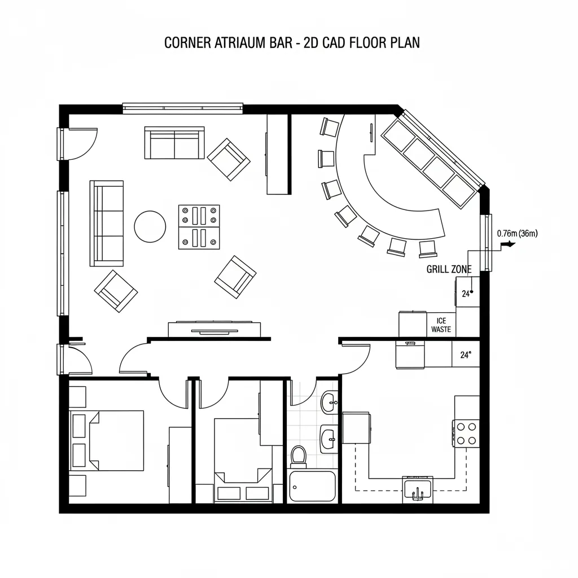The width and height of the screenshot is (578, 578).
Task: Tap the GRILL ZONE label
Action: [449, 269]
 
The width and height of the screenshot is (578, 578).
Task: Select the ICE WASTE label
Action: [441, 325]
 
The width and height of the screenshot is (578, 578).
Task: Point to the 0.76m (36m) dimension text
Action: [517, 233]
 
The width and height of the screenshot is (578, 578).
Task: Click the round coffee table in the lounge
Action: [150, 226]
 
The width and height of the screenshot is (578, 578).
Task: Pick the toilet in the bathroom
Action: [298, 456]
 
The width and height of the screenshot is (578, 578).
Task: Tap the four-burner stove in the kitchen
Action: [466, 433]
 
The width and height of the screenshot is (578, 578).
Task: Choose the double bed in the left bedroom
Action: [107, 440]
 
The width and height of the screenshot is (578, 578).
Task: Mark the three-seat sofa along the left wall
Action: [107, 223]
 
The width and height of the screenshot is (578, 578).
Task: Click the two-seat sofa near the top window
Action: [174, 143]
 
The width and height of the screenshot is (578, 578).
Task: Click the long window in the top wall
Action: [183, 108]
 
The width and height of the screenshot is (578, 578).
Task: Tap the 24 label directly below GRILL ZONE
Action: [466, 294]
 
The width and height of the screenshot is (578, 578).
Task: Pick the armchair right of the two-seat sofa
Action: [229, 159]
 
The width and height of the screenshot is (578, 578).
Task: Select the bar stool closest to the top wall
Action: [329, 127]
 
